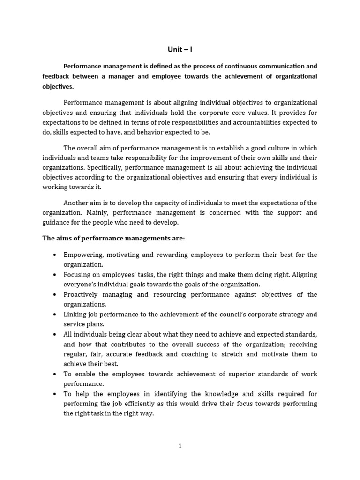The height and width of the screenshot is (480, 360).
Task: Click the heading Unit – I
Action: tap(180, 49)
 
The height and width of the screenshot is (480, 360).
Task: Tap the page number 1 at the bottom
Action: tap(180, 446)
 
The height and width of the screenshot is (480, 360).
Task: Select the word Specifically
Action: tap(106, 167)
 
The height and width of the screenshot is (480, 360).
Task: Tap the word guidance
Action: tap(57, 222)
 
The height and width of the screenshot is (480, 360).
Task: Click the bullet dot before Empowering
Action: tap(55, 255)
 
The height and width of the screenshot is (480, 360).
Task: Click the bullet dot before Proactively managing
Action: tap(55, 295)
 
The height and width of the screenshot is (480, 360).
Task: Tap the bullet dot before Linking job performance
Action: tap(55, 315)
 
